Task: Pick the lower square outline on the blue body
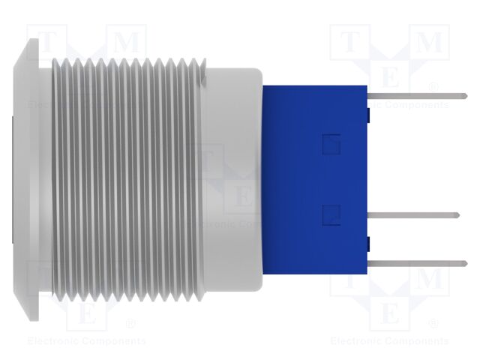point(328,216)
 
